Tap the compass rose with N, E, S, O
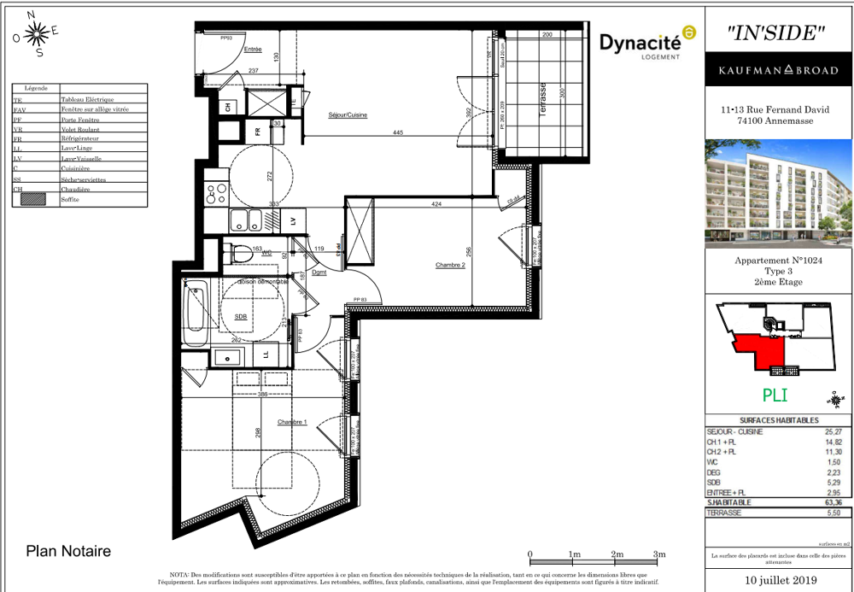[x=36, y=34]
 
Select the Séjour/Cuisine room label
[x=348, y=114]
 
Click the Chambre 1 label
[x=293, y=422]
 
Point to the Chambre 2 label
[x=450, y=265]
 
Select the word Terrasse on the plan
[x=541, y=100]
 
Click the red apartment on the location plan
[x=765, y=349]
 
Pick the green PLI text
[x=775, y=396]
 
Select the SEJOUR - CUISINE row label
[x=734, y=432]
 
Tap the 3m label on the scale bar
[x=659, y=555]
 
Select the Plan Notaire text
[x=69, y=552]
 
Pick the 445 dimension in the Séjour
[x=399, y=132]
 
